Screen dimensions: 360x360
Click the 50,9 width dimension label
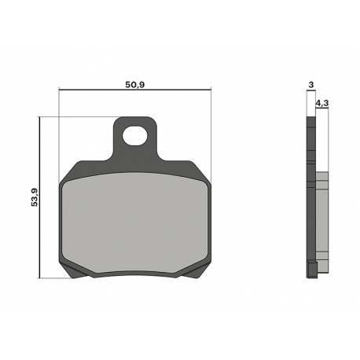[x=135, y=85]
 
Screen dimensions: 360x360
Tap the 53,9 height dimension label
[x=35, y=197]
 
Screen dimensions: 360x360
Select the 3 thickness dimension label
[x=311, y=85]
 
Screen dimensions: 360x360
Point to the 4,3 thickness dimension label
[x=322, y=103]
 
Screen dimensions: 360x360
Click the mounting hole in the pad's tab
[x=134, y=136]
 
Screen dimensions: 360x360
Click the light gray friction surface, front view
[x=135, y=222]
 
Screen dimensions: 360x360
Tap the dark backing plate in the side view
[x=311, y=197]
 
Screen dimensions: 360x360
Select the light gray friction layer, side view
[x=322, y=222]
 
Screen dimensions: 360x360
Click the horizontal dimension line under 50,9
[x=135, y=90]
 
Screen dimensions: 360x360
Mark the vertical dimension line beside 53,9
[x=39, y=197]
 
